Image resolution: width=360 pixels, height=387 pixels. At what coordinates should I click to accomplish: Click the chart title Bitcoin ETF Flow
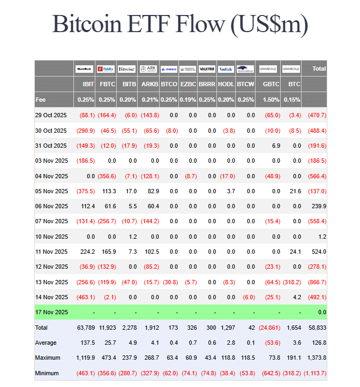[x=180, y=25]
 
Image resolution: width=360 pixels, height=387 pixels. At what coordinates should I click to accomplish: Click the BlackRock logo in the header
[x=85, y=69]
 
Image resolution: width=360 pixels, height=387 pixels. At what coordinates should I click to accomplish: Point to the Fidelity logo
[x=106, y=69]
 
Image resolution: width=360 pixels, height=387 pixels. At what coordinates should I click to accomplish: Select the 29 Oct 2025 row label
[x=51, y=115]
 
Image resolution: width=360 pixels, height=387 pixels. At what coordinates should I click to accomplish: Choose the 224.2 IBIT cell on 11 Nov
[x=87, y=252]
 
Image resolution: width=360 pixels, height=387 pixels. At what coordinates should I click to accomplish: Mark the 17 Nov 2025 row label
[x=51, y=312]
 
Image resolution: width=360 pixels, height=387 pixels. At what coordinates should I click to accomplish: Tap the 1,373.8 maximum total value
[x=316, y=358]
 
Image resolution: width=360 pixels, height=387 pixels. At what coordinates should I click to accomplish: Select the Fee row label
[x=41, y=100]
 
